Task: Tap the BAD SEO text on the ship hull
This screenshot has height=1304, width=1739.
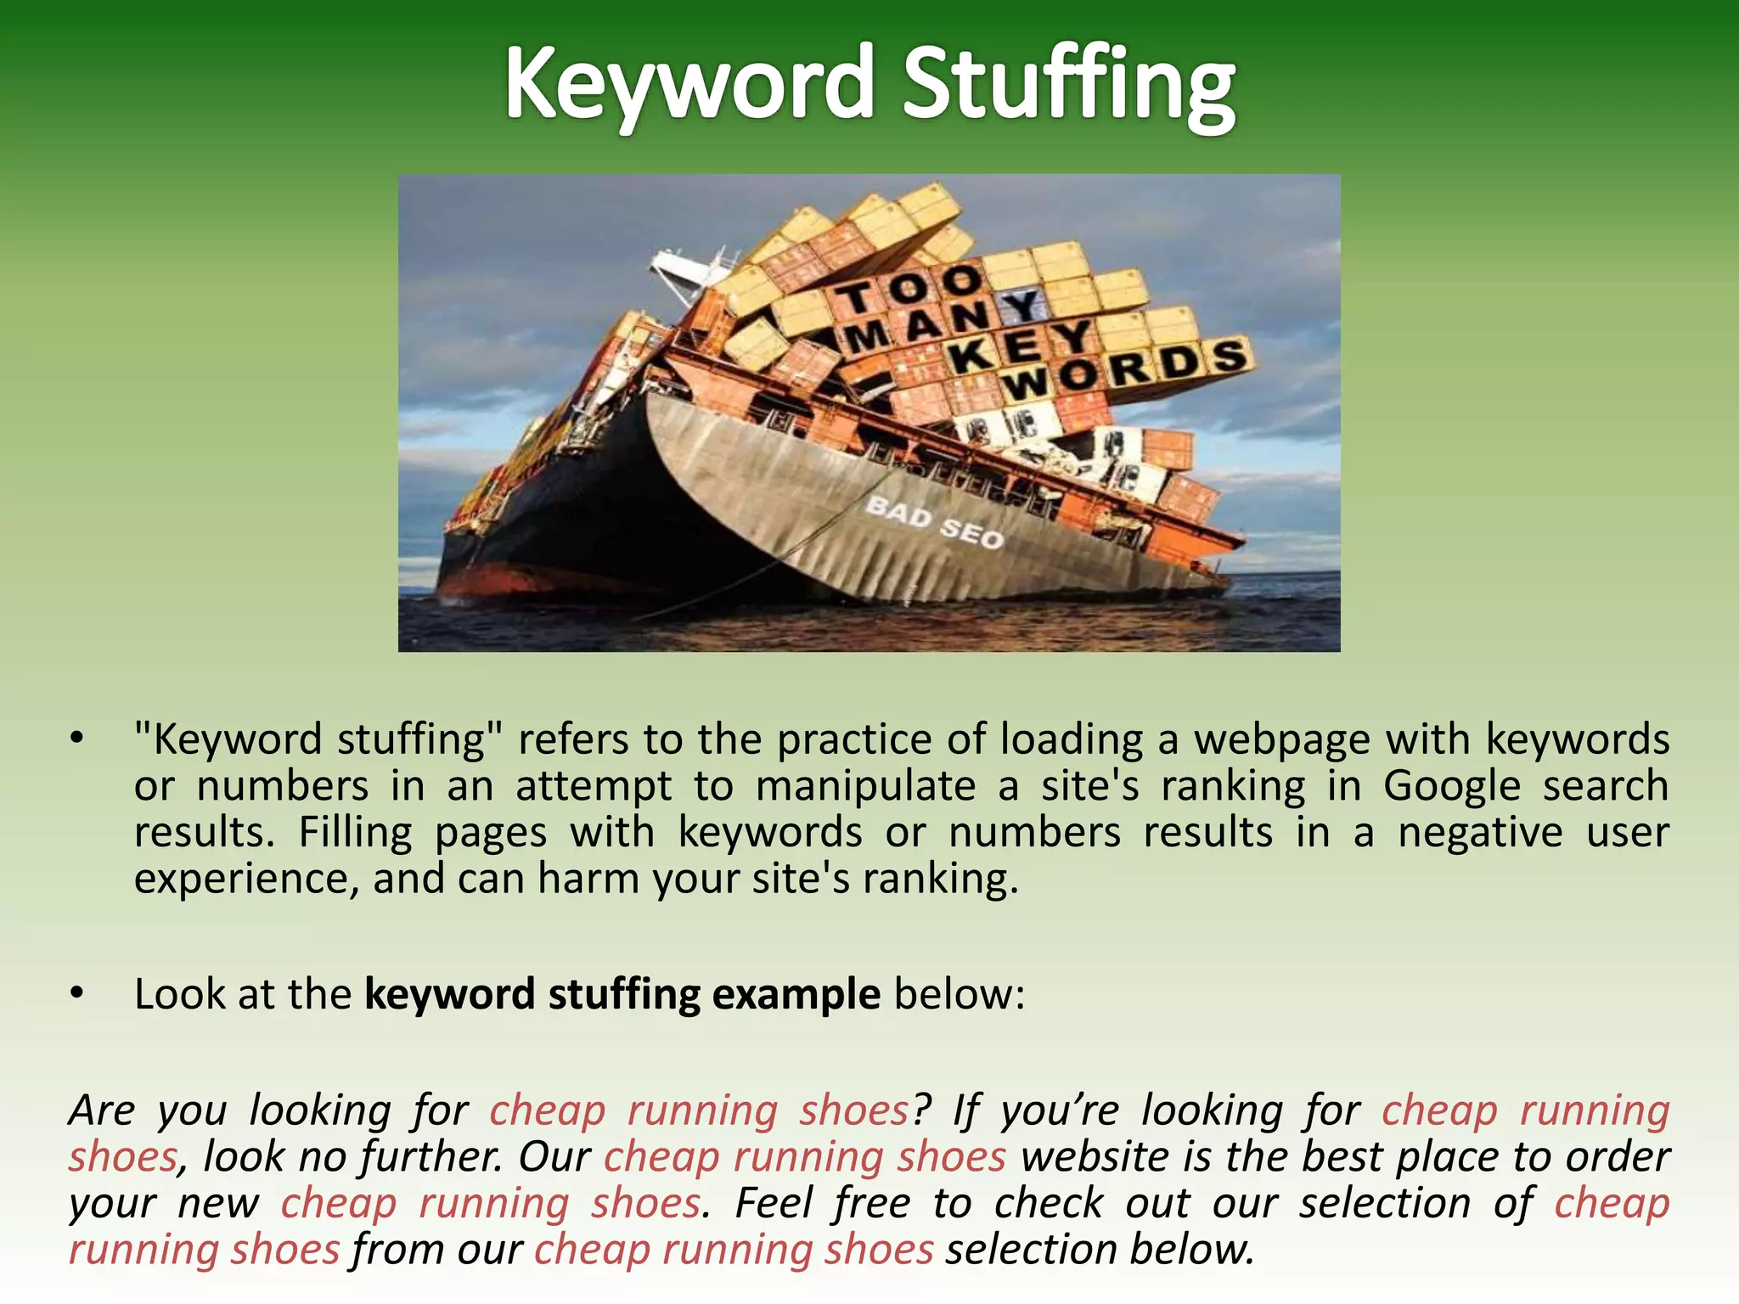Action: tap(934, 523)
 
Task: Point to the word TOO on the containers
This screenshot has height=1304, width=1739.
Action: tap(909, 289)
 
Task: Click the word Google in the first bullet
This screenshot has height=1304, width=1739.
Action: tap(1451, 786)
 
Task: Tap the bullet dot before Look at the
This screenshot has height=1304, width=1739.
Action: tap(77, 993)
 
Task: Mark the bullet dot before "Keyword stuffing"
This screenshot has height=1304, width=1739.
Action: tap(77, 739)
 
